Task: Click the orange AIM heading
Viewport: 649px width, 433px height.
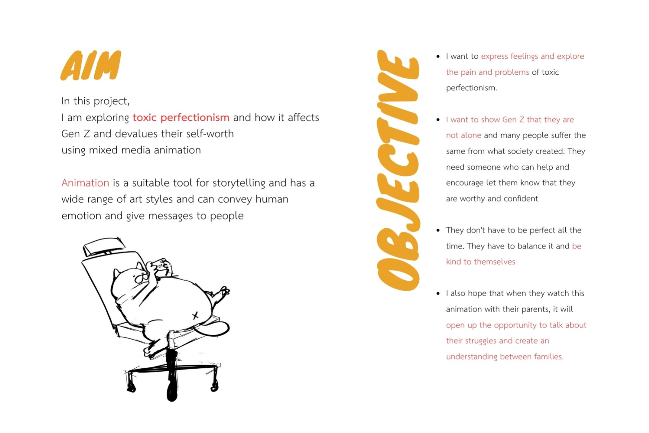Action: pos(90,65)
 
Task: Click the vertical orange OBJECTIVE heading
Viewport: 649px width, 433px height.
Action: pos(398,170)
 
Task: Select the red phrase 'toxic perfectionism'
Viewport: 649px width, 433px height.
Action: pos(181,118)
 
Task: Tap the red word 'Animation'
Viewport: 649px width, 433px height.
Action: pos(85,183)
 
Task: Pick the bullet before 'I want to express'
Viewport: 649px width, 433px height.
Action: pos(438,57)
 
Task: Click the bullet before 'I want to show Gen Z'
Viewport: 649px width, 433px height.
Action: pos(438,120)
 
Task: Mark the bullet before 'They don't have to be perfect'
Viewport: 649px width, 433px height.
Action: pos(438,230)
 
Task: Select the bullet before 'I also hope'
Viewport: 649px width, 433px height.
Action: pos(438,294)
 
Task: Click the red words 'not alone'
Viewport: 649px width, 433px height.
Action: pos(463,135)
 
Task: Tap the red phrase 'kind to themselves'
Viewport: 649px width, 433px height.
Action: pos(480,262)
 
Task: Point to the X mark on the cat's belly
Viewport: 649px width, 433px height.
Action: pos(195,316)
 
